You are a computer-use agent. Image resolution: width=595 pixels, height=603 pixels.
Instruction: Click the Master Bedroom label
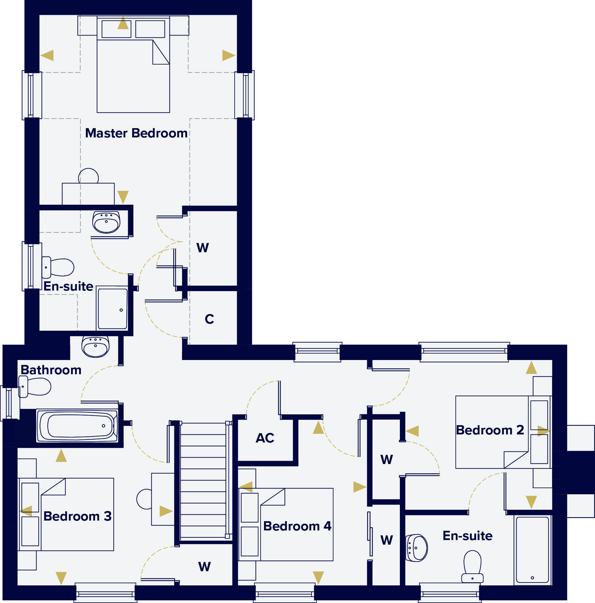[136, 133]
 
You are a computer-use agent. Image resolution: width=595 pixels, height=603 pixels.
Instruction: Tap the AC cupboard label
[265, 438]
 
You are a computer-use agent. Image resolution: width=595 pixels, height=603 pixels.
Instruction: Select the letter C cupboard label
[209, 319]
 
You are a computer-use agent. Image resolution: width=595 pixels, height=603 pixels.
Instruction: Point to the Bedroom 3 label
[78, 516]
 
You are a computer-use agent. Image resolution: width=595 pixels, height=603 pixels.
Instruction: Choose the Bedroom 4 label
[297, 526]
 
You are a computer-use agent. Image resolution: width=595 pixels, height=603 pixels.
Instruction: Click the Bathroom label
[51, 370]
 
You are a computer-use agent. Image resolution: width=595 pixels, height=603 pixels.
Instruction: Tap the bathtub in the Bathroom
[77, 426]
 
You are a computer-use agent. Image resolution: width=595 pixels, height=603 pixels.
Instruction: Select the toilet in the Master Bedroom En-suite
[58, 267]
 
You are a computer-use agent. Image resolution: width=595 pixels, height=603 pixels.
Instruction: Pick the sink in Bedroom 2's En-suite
[417, 547]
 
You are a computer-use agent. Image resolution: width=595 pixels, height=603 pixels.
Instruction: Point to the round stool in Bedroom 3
[144, 499]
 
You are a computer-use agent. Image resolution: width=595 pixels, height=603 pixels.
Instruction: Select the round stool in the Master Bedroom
[88, 176]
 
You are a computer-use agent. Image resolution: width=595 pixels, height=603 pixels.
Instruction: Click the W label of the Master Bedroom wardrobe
[203, 248]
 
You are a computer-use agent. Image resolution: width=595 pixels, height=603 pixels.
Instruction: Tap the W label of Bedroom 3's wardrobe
[204, 567]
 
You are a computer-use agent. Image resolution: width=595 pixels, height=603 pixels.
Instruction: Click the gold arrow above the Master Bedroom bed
[123, 23]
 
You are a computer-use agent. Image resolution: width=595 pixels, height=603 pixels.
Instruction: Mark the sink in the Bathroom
[95, 346]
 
